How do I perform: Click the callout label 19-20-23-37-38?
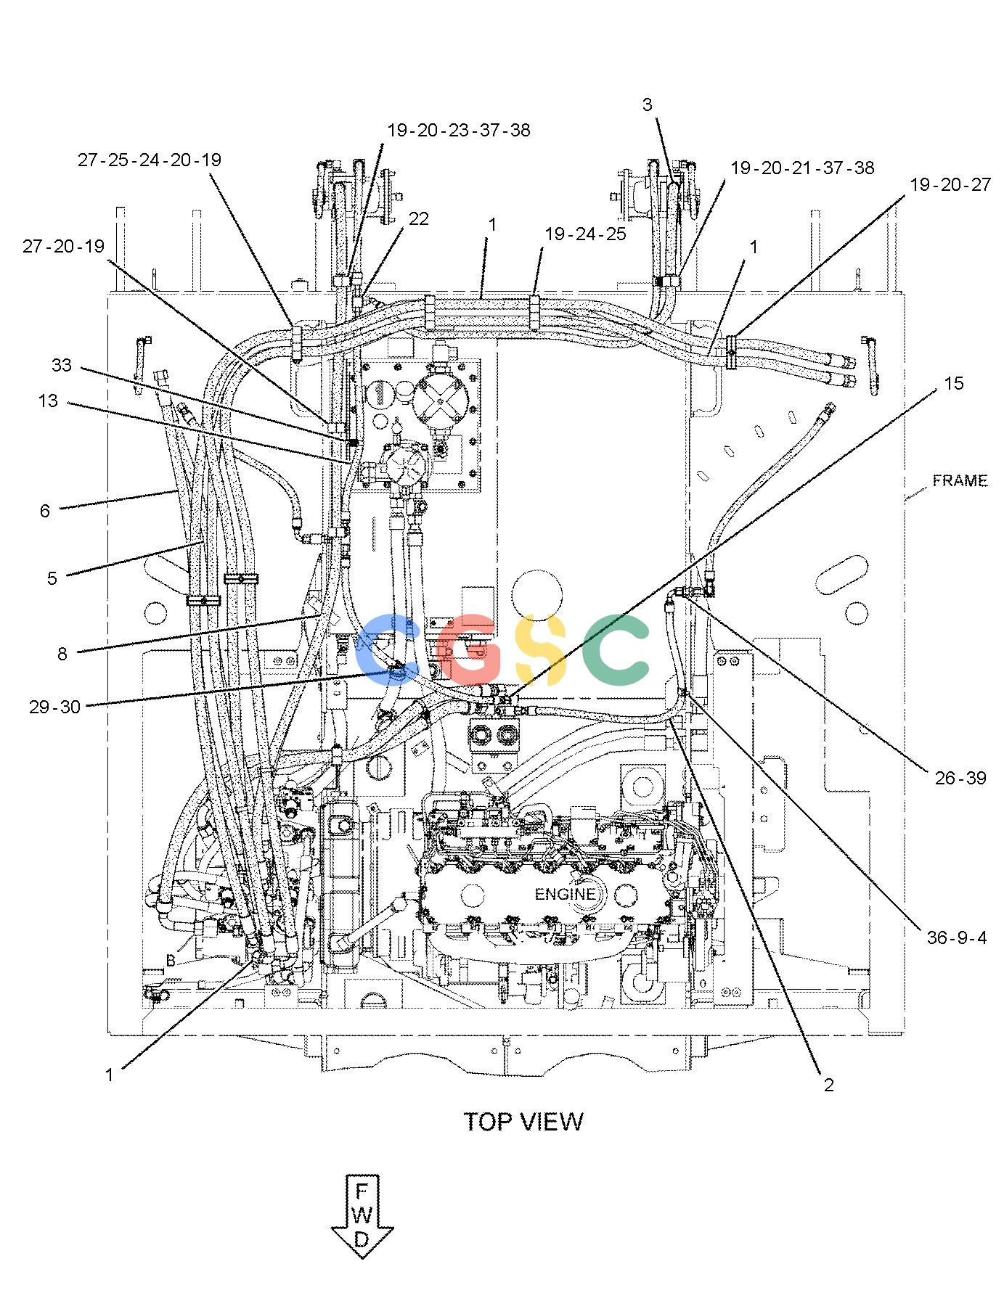459,130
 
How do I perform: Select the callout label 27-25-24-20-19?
150,160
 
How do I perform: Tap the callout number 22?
419,218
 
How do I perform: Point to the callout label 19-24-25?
585,234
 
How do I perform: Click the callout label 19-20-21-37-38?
802,168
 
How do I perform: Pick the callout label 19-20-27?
950,185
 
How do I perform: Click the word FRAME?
960,480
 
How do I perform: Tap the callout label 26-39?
960,779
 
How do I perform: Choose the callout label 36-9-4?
957,937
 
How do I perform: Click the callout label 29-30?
54,706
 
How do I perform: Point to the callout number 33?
62,364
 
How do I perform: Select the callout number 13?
48,401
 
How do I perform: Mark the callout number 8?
62,654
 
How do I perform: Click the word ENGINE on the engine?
565,895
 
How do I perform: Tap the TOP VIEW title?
523,1122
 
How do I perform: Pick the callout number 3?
647,104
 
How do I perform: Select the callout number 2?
828,1085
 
